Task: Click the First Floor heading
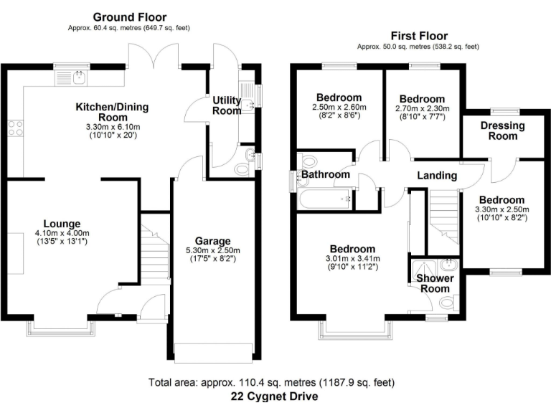click(x=419, y=35)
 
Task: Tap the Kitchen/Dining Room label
click(x=113, y=113)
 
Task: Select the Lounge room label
click(x=61, y=223)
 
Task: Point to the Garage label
click(x=213, y=240)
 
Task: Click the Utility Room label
click(x=227, y=105)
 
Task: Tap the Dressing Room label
click(x=503, y=131)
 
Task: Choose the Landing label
click(x=437, y=175)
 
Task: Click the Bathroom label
click(x=325, y=174)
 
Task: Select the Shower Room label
click(x=433, y=283)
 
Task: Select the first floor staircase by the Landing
click(x=443, y=216)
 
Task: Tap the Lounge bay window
click(x=61, y=328)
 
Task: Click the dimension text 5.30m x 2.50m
click(x=213, y=251)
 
